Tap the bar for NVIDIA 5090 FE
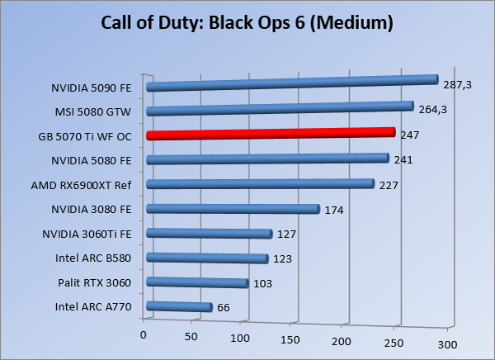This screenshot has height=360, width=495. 290,83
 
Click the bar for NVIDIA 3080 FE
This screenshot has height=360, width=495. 232,209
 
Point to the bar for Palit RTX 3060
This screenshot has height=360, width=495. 197,283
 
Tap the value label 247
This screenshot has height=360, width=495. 410,135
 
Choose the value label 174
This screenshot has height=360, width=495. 333,210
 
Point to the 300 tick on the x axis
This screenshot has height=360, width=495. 446,343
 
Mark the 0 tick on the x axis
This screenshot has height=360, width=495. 144,334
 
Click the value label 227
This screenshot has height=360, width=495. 389,185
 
